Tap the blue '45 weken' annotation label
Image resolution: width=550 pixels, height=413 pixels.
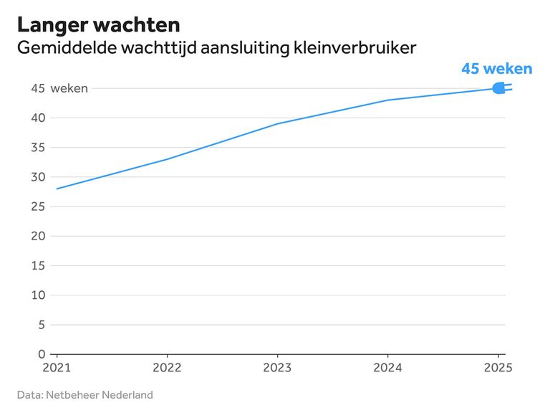click(x=496, y=69)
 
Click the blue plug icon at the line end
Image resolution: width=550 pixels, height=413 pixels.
click(x=501, y=88)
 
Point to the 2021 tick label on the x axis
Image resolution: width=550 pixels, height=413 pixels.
click(x=57, y=367)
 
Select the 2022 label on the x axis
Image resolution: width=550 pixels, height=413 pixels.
click(x=167, y=367)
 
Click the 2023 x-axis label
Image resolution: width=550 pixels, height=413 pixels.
click(x=277, y=367)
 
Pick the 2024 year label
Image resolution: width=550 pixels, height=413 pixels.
click(x=387, y=367)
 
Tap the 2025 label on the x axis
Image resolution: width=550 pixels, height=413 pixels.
click(x=498, y=367)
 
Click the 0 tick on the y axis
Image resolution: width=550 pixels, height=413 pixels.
click(x=41, y=354)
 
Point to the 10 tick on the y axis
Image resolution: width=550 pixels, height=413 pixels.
click(x=38, y=295)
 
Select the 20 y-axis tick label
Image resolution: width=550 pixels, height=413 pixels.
click(x=38, y=236)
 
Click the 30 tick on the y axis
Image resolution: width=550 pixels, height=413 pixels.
click(x=38, y=177)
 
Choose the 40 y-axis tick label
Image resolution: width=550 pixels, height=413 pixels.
click(x=38, y=118)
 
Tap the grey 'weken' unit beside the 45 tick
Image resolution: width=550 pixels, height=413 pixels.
click(x=69, y=89)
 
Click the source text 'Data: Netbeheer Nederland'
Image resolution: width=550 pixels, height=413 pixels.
click(x=85, y=395)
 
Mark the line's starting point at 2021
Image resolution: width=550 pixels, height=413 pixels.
click(x=57, y=189)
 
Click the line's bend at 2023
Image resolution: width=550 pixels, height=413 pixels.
click(x=277, y=124)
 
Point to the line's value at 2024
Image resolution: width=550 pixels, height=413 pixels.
click(x=387, y=100)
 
